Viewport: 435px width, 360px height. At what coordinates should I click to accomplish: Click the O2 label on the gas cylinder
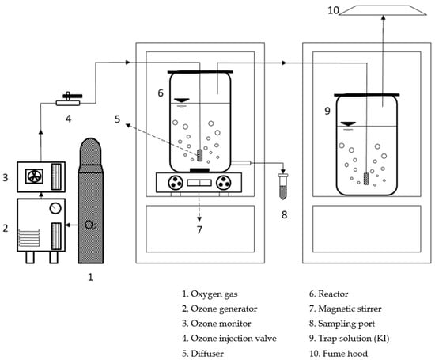(91, 225)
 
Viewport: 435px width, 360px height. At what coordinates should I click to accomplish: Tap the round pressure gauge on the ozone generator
(55, 208)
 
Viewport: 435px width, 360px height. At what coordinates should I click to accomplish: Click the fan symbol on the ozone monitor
(34, 176)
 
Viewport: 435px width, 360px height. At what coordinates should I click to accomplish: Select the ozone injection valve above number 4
(69, 100)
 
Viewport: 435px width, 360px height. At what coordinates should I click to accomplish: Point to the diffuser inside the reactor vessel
(199, 155)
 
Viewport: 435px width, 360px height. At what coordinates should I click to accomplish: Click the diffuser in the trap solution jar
(366, 179)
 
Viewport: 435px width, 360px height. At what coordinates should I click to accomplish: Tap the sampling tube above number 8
(283, 186)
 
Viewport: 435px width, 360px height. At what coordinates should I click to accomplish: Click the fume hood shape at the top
(383, 10)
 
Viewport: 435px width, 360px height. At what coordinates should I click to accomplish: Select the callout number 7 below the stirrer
(199, 229)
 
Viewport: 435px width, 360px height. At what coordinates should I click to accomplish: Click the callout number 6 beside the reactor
(161, 93)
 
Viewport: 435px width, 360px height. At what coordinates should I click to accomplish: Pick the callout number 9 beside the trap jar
(327, 111)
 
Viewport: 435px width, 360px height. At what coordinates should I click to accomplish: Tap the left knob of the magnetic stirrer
(176, 183)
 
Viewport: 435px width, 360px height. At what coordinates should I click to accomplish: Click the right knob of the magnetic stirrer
(223, 183)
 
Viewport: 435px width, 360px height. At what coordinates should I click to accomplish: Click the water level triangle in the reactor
(181, 100)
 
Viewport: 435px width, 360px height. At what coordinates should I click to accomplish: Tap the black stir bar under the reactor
(199, 170)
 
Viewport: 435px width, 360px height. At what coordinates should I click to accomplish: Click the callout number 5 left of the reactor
(117, 119)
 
